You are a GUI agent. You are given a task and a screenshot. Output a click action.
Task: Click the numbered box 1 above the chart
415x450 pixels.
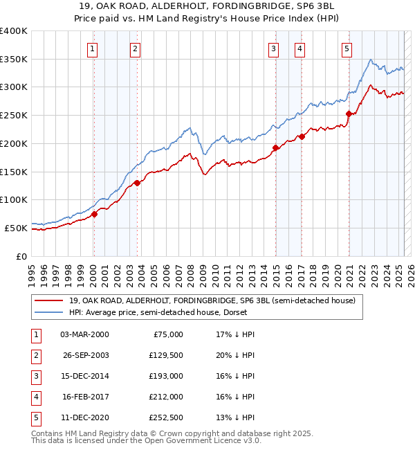(x=92, y=48)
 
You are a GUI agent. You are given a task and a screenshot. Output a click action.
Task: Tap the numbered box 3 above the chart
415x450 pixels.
(x=274, y=48)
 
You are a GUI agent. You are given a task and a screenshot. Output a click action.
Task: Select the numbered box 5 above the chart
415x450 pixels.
(x=347, y=48)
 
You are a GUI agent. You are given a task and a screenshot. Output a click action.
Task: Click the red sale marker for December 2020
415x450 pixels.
(x=349, y=114)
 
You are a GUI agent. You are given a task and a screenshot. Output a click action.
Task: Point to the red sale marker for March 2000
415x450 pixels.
(x=94, y=214)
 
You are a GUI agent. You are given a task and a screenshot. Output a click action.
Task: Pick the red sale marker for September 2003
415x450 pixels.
(x=137, y=183)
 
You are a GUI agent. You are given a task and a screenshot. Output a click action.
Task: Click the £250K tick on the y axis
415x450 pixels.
(x=14, y=115)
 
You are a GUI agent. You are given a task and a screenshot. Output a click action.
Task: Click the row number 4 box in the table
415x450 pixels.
(x=35, y=397)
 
